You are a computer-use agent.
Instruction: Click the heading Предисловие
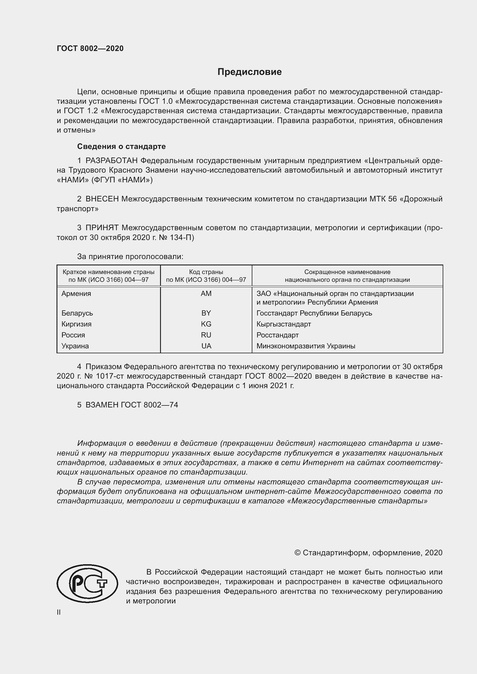pyautogui.click(x=249, y=72)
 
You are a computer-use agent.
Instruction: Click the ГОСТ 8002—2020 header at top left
pyautogui.click(x=90, y=48)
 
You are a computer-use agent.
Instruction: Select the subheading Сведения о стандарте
pyautogui.click(x=121, y=146)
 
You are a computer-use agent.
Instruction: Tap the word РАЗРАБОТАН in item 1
pyautogui.click(x=112, y=161)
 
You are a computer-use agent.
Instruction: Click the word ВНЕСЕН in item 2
pyautogui.click(x=102, y=199)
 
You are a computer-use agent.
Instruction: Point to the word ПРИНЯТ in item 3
pyautogui.click(x=102, y=228)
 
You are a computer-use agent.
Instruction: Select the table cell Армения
pyautogui.click(x=76, y=294)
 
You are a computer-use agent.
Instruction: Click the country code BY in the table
pyautogui.click(x=206, y=313)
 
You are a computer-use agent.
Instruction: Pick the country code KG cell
pyautogui.click(x=206, y=324)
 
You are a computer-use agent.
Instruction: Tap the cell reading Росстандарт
pyautogui.click(x=277, y=335)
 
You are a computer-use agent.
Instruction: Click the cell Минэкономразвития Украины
pyautogui.click(x=306, y=346)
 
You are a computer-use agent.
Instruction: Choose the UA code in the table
pyautogui.click(x=206, y=346)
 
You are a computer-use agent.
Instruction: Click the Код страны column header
pyautogui.click(x=206, y=272)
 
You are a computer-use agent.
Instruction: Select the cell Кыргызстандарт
pyautogui.click(x=284, y=324)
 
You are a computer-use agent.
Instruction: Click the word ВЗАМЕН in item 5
pyautogui.click(x=102, y=405)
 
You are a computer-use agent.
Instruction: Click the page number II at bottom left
pyautogui.click(x=59, y=612)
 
